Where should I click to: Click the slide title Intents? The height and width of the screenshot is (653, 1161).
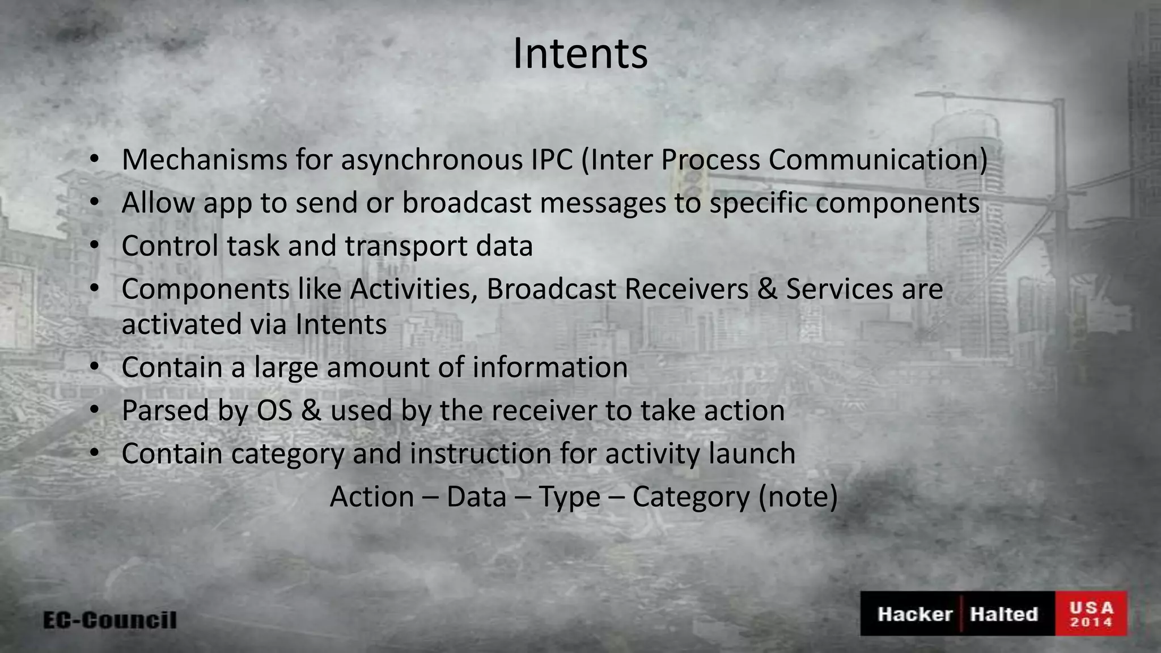(x=580, y=54)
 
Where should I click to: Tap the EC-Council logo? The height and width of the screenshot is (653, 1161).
(x=110, y=620)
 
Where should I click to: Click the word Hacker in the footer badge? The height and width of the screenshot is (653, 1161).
(x=914, y=614)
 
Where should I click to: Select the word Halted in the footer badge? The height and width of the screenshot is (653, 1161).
(x=1003, y=614)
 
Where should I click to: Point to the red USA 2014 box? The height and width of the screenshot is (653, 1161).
(x=1091, y=614)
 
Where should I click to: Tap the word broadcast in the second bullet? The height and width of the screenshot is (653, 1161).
(x=467, y=202)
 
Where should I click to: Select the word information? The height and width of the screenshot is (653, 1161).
(x=550, y=367)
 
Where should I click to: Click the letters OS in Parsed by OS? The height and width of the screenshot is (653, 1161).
(x=274, y=410)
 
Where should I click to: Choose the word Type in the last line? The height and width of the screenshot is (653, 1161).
(x=569, y=497)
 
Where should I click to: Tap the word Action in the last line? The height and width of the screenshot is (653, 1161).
(x=372, y=497)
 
